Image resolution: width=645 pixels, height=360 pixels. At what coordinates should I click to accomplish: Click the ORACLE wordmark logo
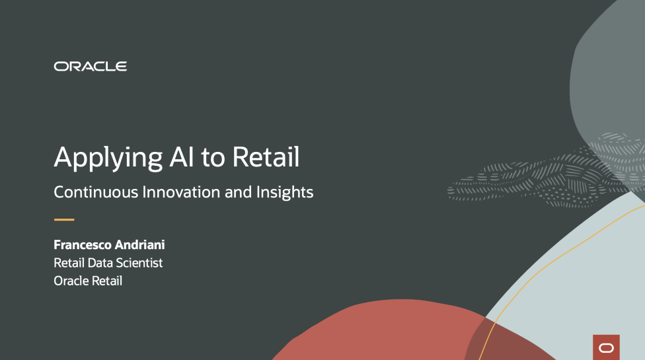pos(90,66)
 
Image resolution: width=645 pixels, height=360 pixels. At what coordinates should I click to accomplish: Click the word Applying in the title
pos(108,159)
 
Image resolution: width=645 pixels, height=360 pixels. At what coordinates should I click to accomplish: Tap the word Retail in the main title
pos(266,157)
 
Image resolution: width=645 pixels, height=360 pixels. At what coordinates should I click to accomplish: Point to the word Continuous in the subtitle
pos(96,192)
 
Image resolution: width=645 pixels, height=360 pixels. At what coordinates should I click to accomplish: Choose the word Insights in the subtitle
pos(285,192)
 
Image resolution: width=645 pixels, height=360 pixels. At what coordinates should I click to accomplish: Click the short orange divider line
pos(64,219)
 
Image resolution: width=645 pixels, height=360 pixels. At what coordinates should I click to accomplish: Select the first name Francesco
pos(83,245)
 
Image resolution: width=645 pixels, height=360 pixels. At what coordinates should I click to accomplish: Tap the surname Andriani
pos(140,245)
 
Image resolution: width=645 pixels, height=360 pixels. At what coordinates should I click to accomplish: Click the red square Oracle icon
pos(606,347)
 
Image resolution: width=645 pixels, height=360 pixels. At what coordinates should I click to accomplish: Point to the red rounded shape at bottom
pos(395,333)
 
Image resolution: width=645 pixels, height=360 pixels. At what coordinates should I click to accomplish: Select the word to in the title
pos(213,158)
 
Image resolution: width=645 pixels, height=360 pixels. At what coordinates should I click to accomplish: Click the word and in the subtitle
pos(238,192)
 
